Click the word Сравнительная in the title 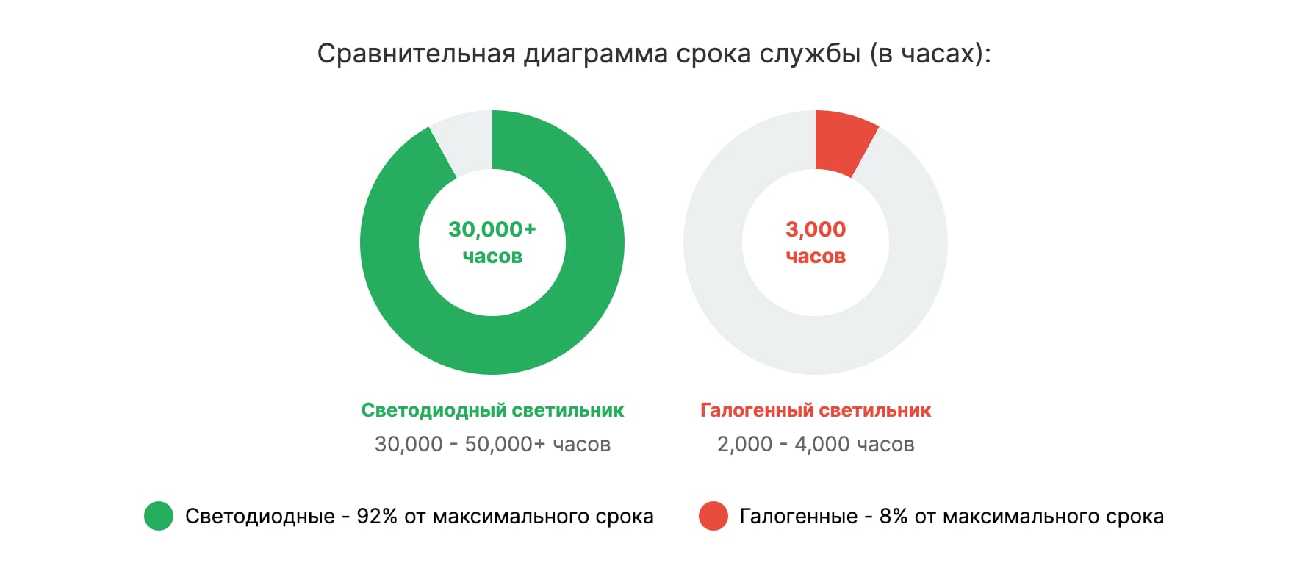(416, 54)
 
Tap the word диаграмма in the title (595, 54)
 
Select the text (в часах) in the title (930, 54)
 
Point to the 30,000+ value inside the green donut (492, 229)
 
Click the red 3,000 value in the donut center (816, 229)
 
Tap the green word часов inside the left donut (492, 257)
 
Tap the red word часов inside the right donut (816, 257)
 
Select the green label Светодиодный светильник (492, 410)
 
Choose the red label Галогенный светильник (816, 410)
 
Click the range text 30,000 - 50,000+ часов (492, 444)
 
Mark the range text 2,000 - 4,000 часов (816, 444)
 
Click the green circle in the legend (159, 516)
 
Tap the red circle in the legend (713, 516)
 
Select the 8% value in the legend (893, 517)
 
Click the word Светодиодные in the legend (260, 517)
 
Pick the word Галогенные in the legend (798, 517)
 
